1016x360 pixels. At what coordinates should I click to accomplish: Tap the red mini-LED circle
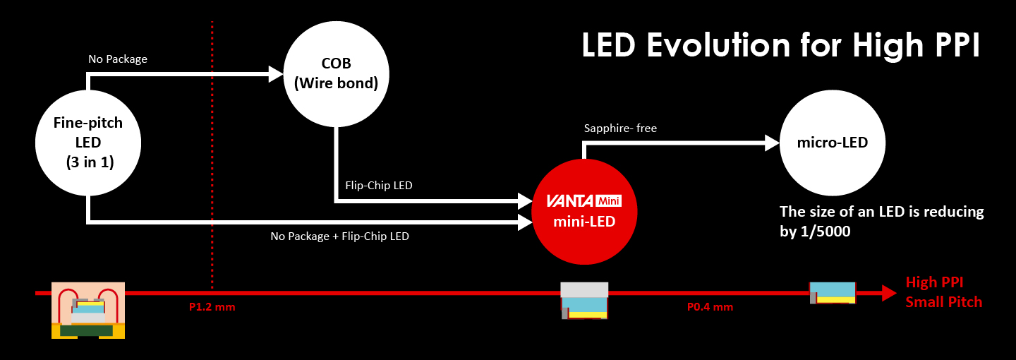coord(583,211)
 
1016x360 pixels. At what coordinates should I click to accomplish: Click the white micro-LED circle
coord(832,143)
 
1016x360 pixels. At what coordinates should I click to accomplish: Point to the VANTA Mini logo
coord(583,200)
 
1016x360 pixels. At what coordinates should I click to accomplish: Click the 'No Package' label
coord(117,59)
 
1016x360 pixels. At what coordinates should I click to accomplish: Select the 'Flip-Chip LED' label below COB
coord(378,186)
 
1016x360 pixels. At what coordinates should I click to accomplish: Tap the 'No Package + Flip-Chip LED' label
coord(339,236)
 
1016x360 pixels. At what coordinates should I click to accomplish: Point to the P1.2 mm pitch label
coord(212,307)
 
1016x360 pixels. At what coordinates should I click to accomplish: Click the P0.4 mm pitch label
coord(710,307)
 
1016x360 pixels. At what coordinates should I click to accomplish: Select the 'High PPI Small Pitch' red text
coord(943,292)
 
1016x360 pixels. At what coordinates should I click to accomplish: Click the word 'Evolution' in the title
coord(719,46)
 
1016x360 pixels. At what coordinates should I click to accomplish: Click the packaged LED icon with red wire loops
coord(88,310)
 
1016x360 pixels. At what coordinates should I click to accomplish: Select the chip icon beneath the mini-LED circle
coord(584,301)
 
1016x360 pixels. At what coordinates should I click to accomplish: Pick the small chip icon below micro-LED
coord(833,292)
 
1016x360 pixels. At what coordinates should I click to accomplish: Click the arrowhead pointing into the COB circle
coord(276,73)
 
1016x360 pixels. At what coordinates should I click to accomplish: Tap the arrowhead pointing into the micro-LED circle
coord(771,143)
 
